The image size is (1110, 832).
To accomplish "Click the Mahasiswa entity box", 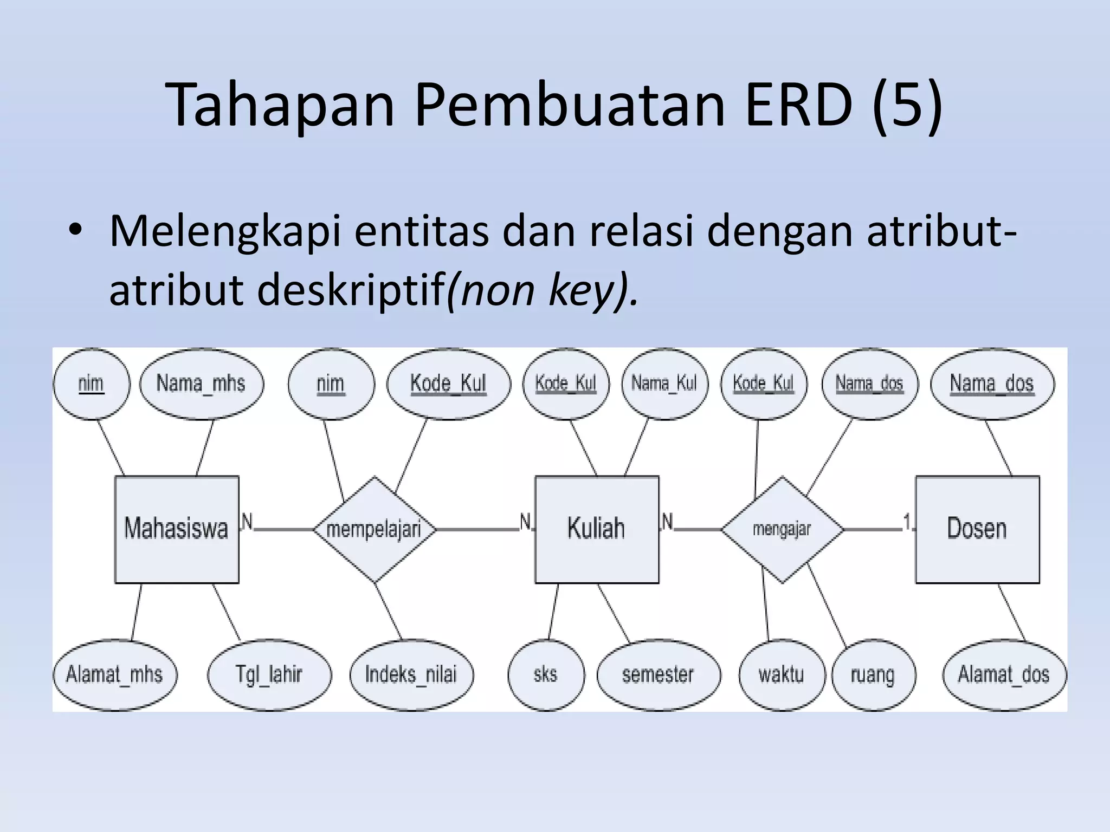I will click(177, 529).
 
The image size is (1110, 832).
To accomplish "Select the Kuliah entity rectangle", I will click(597, 529).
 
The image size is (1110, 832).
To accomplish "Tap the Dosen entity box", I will click(977, 529).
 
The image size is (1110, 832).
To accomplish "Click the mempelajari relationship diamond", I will click(374, 529).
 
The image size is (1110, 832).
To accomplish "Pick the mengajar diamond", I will click(782, 529).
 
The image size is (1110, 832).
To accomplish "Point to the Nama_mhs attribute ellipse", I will click(201, 383).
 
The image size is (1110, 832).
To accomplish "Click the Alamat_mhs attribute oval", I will click(114, 674).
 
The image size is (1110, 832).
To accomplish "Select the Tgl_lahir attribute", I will click(269, 674).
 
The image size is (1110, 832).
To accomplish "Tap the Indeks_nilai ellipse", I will click(411, 674).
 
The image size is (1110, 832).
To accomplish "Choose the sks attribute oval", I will click(545, 674).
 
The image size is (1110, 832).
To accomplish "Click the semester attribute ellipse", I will click(658, 674).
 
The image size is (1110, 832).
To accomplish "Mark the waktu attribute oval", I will click(781, 674).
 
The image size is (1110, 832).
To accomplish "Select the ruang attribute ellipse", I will click(873, 674).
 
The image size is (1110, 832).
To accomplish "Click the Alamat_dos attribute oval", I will click(1004, 674).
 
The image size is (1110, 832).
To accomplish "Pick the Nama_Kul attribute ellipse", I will click(664, 383).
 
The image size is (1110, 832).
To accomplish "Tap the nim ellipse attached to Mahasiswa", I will click(91, 383).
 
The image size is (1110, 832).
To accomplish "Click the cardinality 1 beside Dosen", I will click(907, 522).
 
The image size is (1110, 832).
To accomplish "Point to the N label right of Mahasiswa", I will click(247, 522).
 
